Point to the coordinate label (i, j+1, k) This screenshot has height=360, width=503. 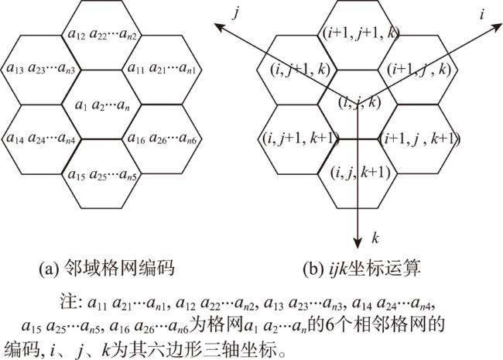click(x=300, y=70)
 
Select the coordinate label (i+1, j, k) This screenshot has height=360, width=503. click(x=419, y=70)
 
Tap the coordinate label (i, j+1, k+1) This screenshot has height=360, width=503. click(x=300, y=139)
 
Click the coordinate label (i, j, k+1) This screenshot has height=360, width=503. click(x=361, y=173)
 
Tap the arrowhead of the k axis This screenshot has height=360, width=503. click(x=358, y=243)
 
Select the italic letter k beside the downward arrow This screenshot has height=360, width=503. click(x=375, y=238)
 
